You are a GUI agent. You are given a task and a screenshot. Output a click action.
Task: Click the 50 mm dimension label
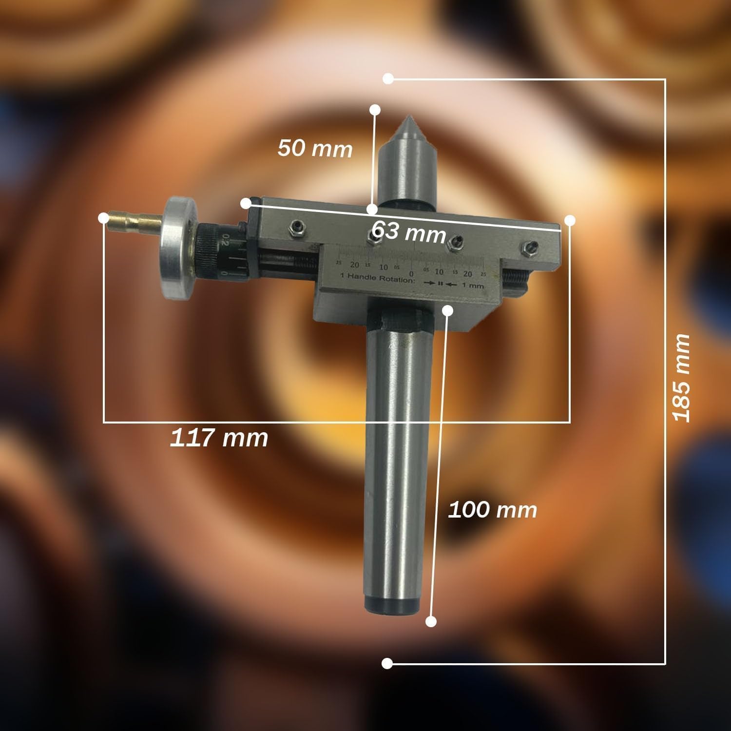click(315, 148)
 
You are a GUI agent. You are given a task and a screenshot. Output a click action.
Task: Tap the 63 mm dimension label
click(408, 231)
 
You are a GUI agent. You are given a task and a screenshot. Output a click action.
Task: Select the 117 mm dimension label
click(219, 438)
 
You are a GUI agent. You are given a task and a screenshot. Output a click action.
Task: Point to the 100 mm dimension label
click(492, 510)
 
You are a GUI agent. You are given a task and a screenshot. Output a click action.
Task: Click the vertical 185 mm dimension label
click(681, 378)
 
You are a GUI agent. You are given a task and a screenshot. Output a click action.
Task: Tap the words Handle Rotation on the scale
click(386, 281)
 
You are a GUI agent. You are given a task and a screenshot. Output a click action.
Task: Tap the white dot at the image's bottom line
click(387, 663)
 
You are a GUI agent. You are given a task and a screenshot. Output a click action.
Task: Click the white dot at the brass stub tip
click(103, 218)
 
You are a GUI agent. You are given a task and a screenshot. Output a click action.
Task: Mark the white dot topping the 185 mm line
click(388, 78)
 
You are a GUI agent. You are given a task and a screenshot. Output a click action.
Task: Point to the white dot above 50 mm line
click(375, 110)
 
